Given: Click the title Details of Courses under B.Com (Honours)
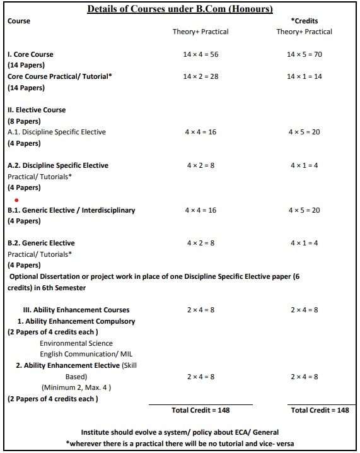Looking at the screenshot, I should point(180,9).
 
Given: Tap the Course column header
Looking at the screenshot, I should point(19,21).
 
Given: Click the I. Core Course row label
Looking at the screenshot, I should point(30,54).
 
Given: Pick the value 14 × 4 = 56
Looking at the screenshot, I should point(200,54).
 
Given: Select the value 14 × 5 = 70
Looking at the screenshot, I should point(304,54).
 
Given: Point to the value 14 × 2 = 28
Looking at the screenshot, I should point(200,76).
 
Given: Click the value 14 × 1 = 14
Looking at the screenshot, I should point(304,76).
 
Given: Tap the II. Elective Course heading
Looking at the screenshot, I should point(37,110).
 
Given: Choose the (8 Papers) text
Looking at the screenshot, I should point(24,121).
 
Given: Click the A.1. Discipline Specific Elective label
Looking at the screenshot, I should point(57,132).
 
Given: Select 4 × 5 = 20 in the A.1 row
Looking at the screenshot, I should point(304,132).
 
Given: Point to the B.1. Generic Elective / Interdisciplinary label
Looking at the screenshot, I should point(71,210).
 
